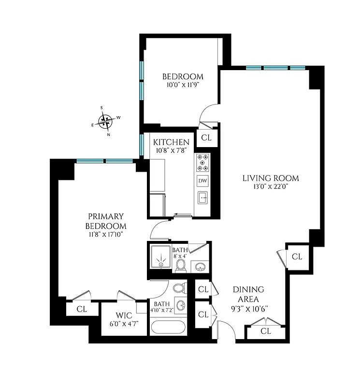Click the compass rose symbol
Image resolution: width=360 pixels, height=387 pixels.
click(105, 120)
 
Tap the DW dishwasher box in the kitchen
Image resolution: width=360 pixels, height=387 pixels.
click(203, 181)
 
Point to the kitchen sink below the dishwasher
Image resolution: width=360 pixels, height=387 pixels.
click(203, 197)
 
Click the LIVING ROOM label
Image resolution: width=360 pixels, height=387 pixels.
click(270, 178)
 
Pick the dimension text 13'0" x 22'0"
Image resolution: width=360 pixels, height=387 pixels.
click(270, 186)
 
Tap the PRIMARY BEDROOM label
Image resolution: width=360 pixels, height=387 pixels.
click(106, 221)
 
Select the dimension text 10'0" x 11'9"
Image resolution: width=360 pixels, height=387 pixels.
click(182, 85)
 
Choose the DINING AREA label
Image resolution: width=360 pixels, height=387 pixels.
click(248, 294)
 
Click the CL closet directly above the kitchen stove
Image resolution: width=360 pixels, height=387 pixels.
click(206, 137)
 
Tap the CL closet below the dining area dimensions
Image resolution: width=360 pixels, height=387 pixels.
click(265, 331)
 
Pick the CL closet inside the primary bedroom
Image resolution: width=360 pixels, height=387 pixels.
click(81, 308)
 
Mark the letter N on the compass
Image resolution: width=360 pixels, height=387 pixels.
click(109, 134)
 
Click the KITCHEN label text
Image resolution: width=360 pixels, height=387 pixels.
click(171, 142)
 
